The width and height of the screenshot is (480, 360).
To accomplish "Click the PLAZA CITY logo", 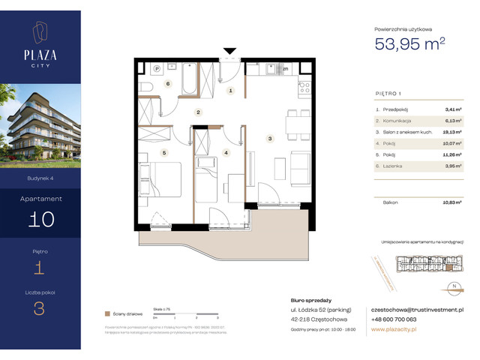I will click(x=40, y=44).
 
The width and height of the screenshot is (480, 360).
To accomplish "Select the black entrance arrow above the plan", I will click(x=229, y=52).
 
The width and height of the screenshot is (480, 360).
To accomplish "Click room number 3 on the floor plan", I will click(x=269, y=138).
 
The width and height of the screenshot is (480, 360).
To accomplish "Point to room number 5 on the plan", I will click(x=163, y=152).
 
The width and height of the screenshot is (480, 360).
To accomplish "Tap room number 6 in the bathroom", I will click(x=168, y=84).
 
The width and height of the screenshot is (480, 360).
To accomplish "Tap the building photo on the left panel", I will click(x=40, y=131).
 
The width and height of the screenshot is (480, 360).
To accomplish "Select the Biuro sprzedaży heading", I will click(x=309, y=300).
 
